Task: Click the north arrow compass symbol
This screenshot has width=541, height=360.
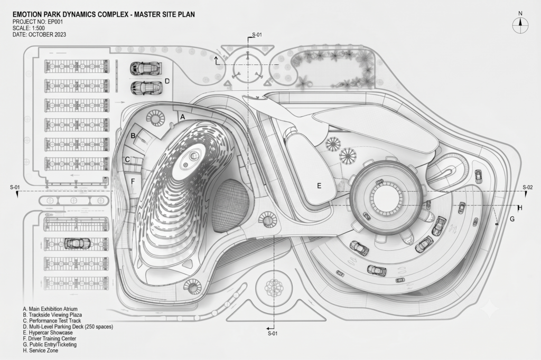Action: (520, 25)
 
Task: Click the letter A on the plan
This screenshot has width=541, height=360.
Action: (183, 117)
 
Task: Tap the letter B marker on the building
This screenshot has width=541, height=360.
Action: (133, 136)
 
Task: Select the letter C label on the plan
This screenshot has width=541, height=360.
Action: (127, 159)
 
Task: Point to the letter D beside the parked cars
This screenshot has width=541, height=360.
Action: (167, 81)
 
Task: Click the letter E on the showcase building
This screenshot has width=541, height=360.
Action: (319, 186)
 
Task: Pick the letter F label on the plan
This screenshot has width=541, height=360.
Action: (133, 181)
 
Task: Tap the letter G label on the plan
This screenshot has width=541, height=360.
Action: (512, 219)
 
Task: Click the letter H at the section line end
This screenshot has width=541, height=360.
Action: (520, 208)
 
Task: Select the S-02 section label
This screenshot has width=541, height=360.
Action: (528, 187)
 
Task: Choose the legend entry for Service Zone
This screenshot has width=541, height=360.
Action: (40, 350)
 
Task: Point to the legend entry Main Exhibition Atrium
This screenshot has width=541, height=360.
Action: (50, 309)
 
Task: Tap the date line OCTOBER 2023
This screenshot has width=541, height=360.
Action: (39, 34)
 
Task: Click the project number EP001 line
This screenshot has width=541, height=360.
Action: (38, 22)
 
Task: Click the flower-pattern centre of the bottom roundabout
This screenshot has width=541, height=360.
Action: (274, 287)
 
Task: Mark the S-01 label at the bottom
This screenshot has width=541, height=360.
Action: (273, 334)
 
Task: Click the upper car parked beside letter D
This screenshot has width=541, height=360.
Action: (146, 68)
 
